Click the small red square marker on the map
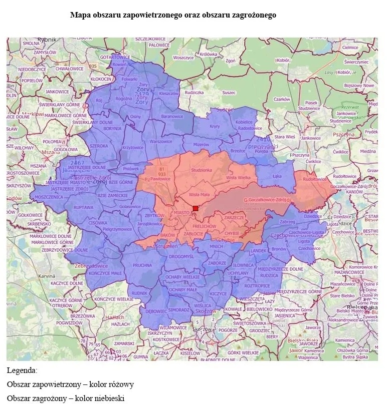(196, 208)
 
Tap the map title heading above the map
(173, 16)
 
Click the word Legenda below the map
(22, 370)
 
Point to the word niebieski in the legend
(107, 398)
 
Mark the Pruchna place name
(143, 265)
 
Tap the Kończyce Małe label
(105, 273)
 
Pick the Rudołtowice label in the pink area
(315, 178)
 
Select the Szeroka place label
(99, 146)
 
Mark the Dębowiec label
(149, 311)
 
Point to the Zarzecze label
(234, 218)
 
